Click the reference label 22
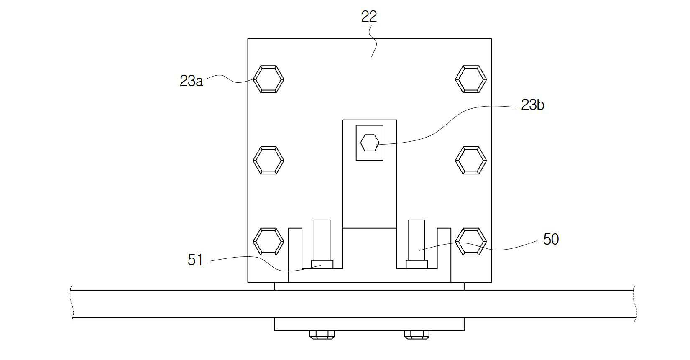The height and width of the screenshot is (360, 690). (369, 17)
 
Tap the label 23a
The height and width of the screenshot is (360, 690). (191, 81)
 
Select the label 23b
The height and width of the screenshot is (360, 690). (533, 105)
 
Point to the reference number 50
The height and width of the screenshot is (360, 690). (551, 239)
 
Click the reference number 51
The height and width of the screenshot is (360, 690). (195, 260)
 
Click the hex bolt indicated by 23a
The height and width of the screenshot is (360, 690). (268, 79)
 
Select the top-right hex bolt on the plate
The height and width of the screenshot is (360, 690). (471, 79)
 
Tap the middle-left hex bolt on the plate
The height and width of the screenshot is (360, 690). (268, 161)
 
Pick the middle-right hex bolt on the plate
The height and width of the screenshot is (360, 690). (471, 161)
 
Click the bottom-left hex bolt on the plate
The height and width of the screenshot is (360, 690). (268, 242)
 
